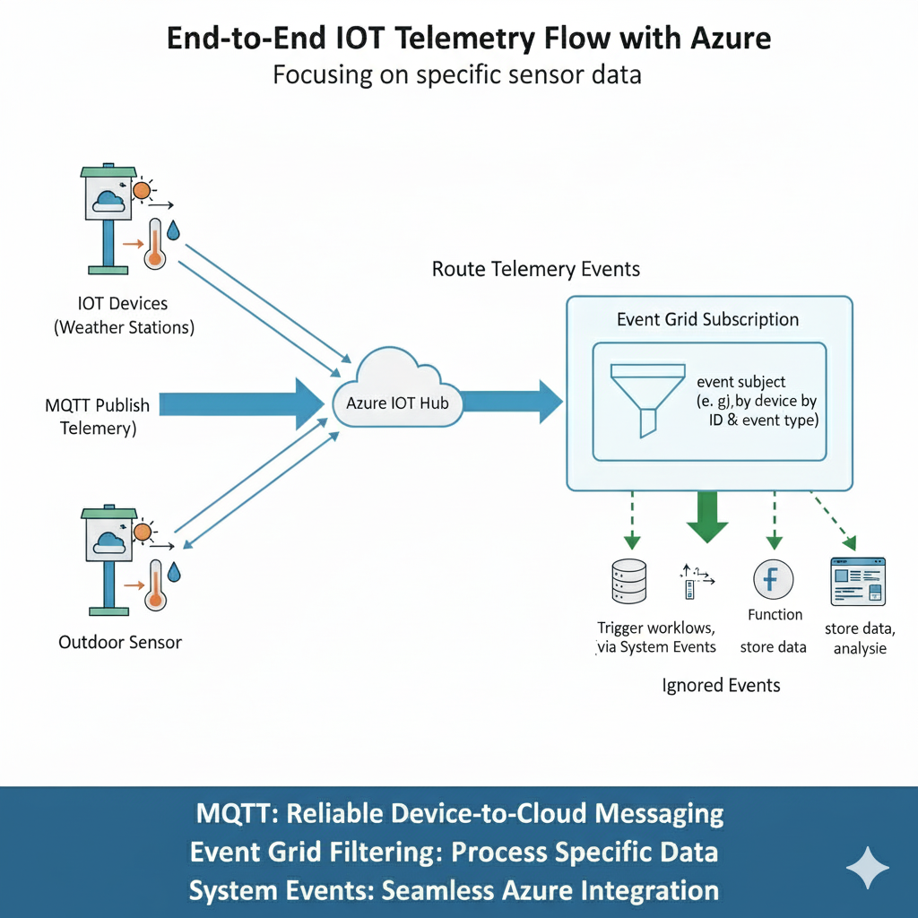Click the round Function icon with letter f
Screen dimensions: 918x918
click(x=771, y=581)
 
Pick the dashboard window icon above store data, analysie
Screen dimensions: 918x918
click(x=858, y=581)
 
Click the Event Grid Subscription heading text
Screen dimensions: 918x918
click(x=707, y=319)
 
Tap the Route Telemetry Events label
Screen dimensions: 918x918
click(x=536, y=269)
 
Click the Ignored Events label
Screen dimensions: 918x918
click(x=721, y=686)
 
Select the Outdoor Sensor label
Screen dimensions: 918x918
click(x=119, y=642)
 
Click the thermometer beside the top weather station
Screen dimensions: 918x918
click(x=155, y=243)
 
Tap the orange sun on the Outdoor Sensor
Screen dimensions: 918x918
click(x=142, y=533)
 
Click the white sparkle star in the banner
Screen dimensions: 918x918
click(x=868, y=868)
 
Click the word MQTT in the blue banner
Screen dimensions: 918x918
click(x=230, y=813)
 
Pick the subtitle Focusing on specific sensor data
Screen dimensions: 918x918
click(x=457, y=74)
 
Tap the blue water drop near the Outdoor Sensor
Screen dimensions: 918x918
click(x=175, y=570)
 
